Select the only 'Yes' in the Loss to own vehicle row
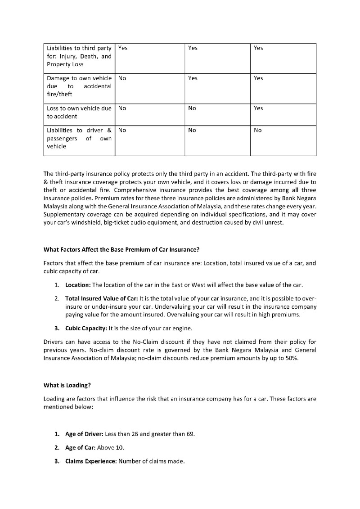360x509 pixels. (258, 108)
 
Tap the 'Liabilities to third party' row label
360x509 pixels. (79, 56)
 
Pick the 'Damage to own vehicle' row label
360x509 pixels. (79, 86)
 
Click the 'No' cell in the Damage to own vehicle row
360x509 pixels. (122, 78)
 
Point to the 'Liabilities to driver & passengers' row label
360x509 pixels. (79, 138)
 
